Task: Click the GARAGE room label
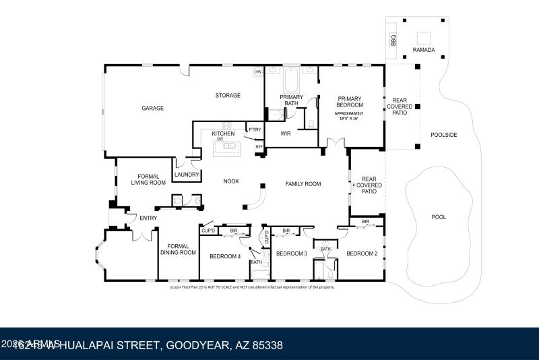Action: point(152,108)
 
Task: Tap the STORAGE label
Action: point(228,95)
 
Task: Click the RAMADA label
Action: point(424,50)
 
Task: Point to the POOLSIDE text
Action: point(443,135)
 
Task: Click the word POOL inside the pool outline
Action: point(439,217)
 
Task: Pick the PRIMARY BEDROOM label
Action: point(350,101)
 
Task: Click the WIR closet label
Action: point(285,133)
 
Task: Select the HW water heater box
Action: point(257,71)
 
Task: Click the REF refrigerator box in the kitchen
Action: point(259,146)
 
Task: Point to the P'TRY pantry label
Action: point(255,129)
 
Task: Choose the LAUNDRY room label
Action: point(187,175)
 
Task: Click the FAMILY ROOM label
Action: point(303,183)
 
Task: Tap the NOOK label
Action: point(232,181)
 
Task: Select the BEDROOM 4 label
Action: point(224,256)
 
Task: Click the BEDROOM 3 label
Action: point(292,253)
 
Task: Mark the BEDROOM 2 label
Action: point(362,253)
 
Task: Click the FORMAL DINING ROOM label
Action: point(178,249)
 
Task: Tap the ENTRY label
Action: point(148,218)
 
